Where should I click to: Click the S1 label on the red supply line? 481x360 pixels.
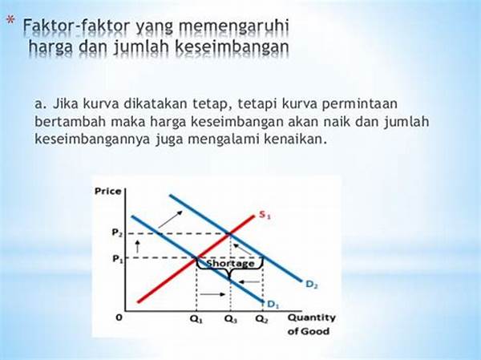(265, 215)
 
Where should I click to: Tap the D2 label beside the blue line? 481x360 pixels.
(312, 285)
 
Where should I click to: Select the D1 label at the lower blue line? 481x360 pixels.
(273, 304)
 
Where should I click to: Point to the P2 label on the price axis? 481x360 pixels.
(117, 233)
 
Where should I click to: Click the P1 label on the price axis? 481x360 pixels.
(118, 259)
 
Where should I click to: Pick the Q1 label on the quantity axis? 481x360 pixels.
(196, 319)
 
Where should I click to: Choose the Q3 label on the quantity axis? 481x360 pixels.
(230, 319)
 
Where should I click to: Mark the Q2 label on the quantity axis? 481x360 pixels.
(261, 319)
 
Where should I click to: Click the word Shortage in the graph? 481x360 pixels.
(231, 263)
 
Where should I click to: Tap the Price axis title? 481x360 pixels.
(108, 191)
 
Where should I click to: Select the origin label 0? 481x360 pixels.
(119, 318)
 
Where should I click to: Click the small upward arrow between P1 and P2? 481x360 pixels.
(137, 246)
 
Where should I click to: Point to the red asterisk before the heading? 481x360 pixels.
(10, 21)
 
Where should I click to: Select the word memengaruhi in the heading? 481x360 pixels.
(233, 27)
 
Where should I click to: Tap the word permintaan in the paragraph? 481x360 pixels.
(359, 104)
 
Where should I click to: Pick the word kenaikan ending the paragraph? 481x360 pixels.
(294, 139)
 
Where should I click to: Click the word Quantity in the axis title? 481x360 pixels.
(311, 318)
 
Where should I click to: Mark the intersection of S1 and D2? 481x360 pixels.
(230, 235)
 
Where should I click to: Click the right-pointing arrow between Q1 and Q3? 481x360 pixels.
(212, 294)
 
